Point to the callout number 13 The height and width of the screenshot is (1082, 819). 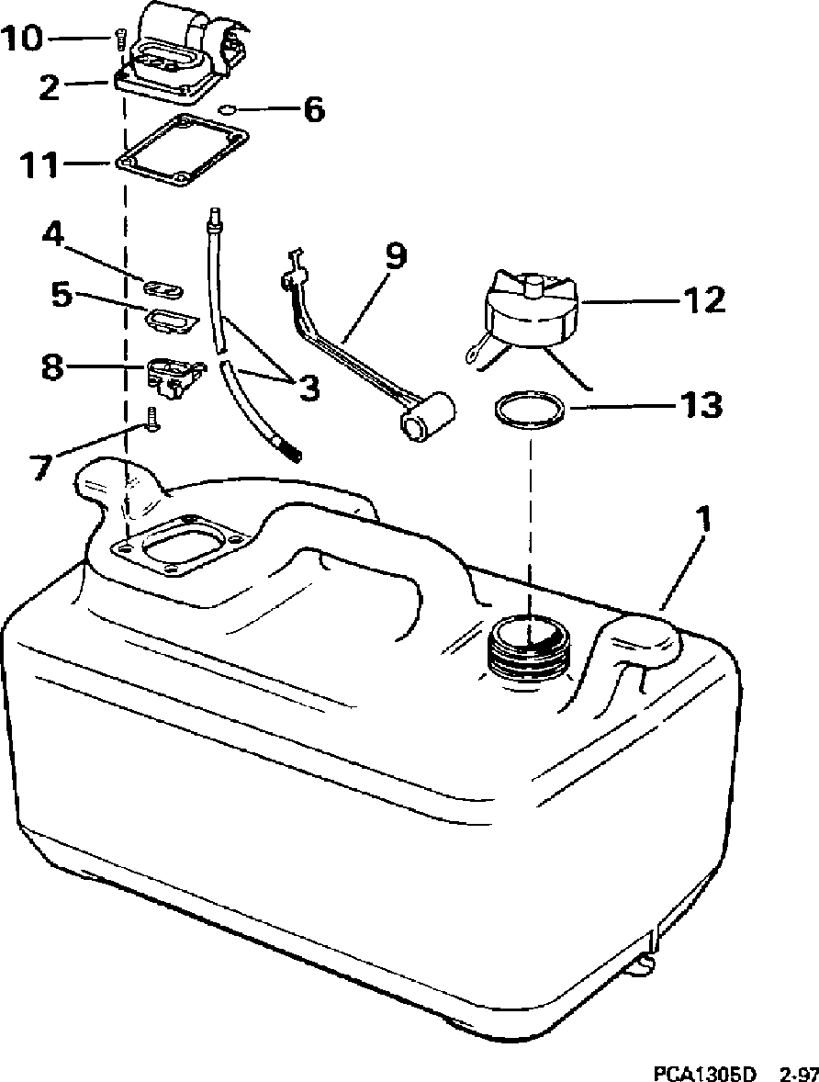pyautogui.click(x=700, y=403)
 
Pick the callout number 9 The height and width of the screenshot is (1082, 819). pyautogui.click(x=395, y=257)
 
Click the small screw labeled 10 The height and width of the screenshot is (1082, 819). pyautogui.click(x=119, y=40)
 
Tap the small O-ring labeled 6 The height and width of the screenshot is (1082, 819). pyautogui.click(x=227, y=110)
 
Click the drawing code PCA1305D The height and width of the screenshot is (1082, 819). pyautogui.click(x=705, y=1073)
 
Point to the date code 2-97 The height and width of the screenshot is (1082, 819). pyautogui.click(x=795, y=1073)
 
